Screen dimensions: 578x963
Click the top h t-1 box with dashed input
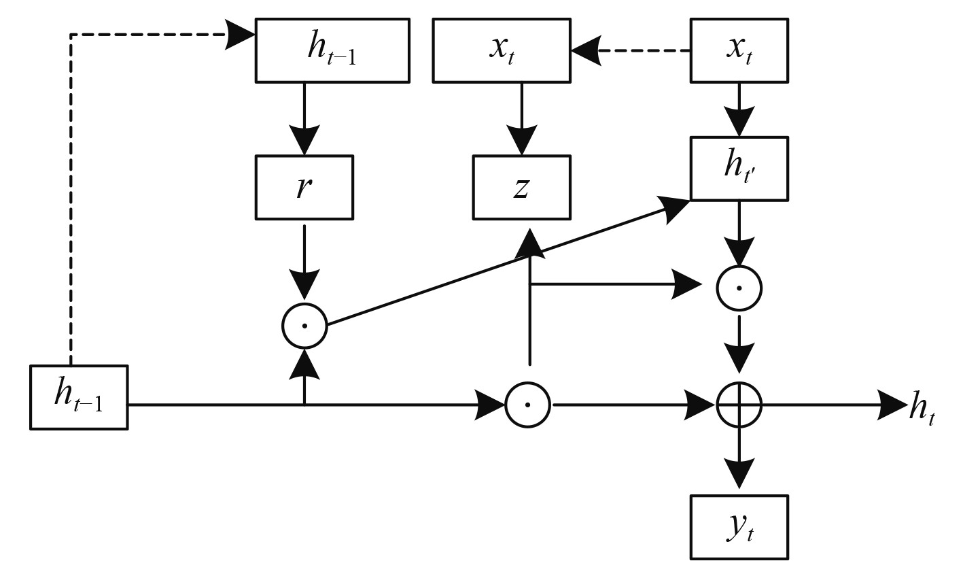(332, 51)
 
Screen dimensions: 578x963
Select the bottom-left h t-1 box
(79, 398)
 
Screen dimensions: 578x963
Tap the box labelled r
(304, 188)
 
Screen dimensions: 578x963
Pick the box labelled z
(521, 188)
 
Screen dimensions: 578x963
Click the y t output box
(739, 527)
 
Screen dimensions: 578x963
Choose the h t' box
(739, 169)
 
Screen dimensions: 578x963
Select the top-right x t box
(739, 51)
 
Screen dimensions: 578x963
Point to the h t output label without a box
(922, 408)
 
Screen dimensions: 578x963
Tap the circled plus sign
(739, 405)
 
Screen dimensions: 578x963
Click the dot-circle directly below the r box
(304, 326)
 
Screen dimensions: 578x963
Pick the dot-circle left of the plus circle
(527, 405)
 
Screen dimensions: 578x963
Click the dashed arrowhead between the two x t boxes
(586, 51)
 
